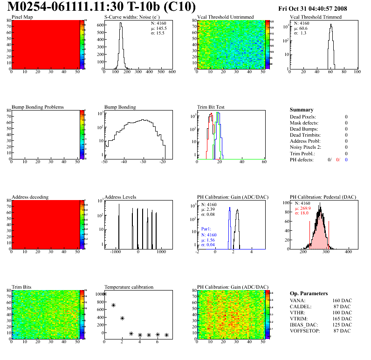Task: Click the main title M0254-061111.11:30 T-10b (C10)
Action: click(x=102, y=7)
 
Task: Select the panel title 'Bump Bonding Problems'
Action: click(x=38, y=107)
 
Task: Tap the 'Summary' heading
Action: click(x=302, y=110)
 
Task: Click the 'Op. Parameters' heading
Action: click(x=309, y=293)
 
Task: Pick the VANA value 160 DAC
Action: click(x=342, y=300)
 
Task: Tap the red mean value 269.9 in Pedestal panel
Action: click(x=304, y=208)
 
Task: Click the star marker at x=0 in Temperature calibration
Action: click(x=104, y=294)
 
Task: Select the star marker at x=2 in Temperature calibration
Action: click(x=122, y=318)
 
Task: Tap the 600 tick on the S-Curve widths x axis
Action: click(x=172, y=72)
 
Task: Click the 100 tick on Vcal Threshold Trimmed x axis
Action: click(x=357, y=72)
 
